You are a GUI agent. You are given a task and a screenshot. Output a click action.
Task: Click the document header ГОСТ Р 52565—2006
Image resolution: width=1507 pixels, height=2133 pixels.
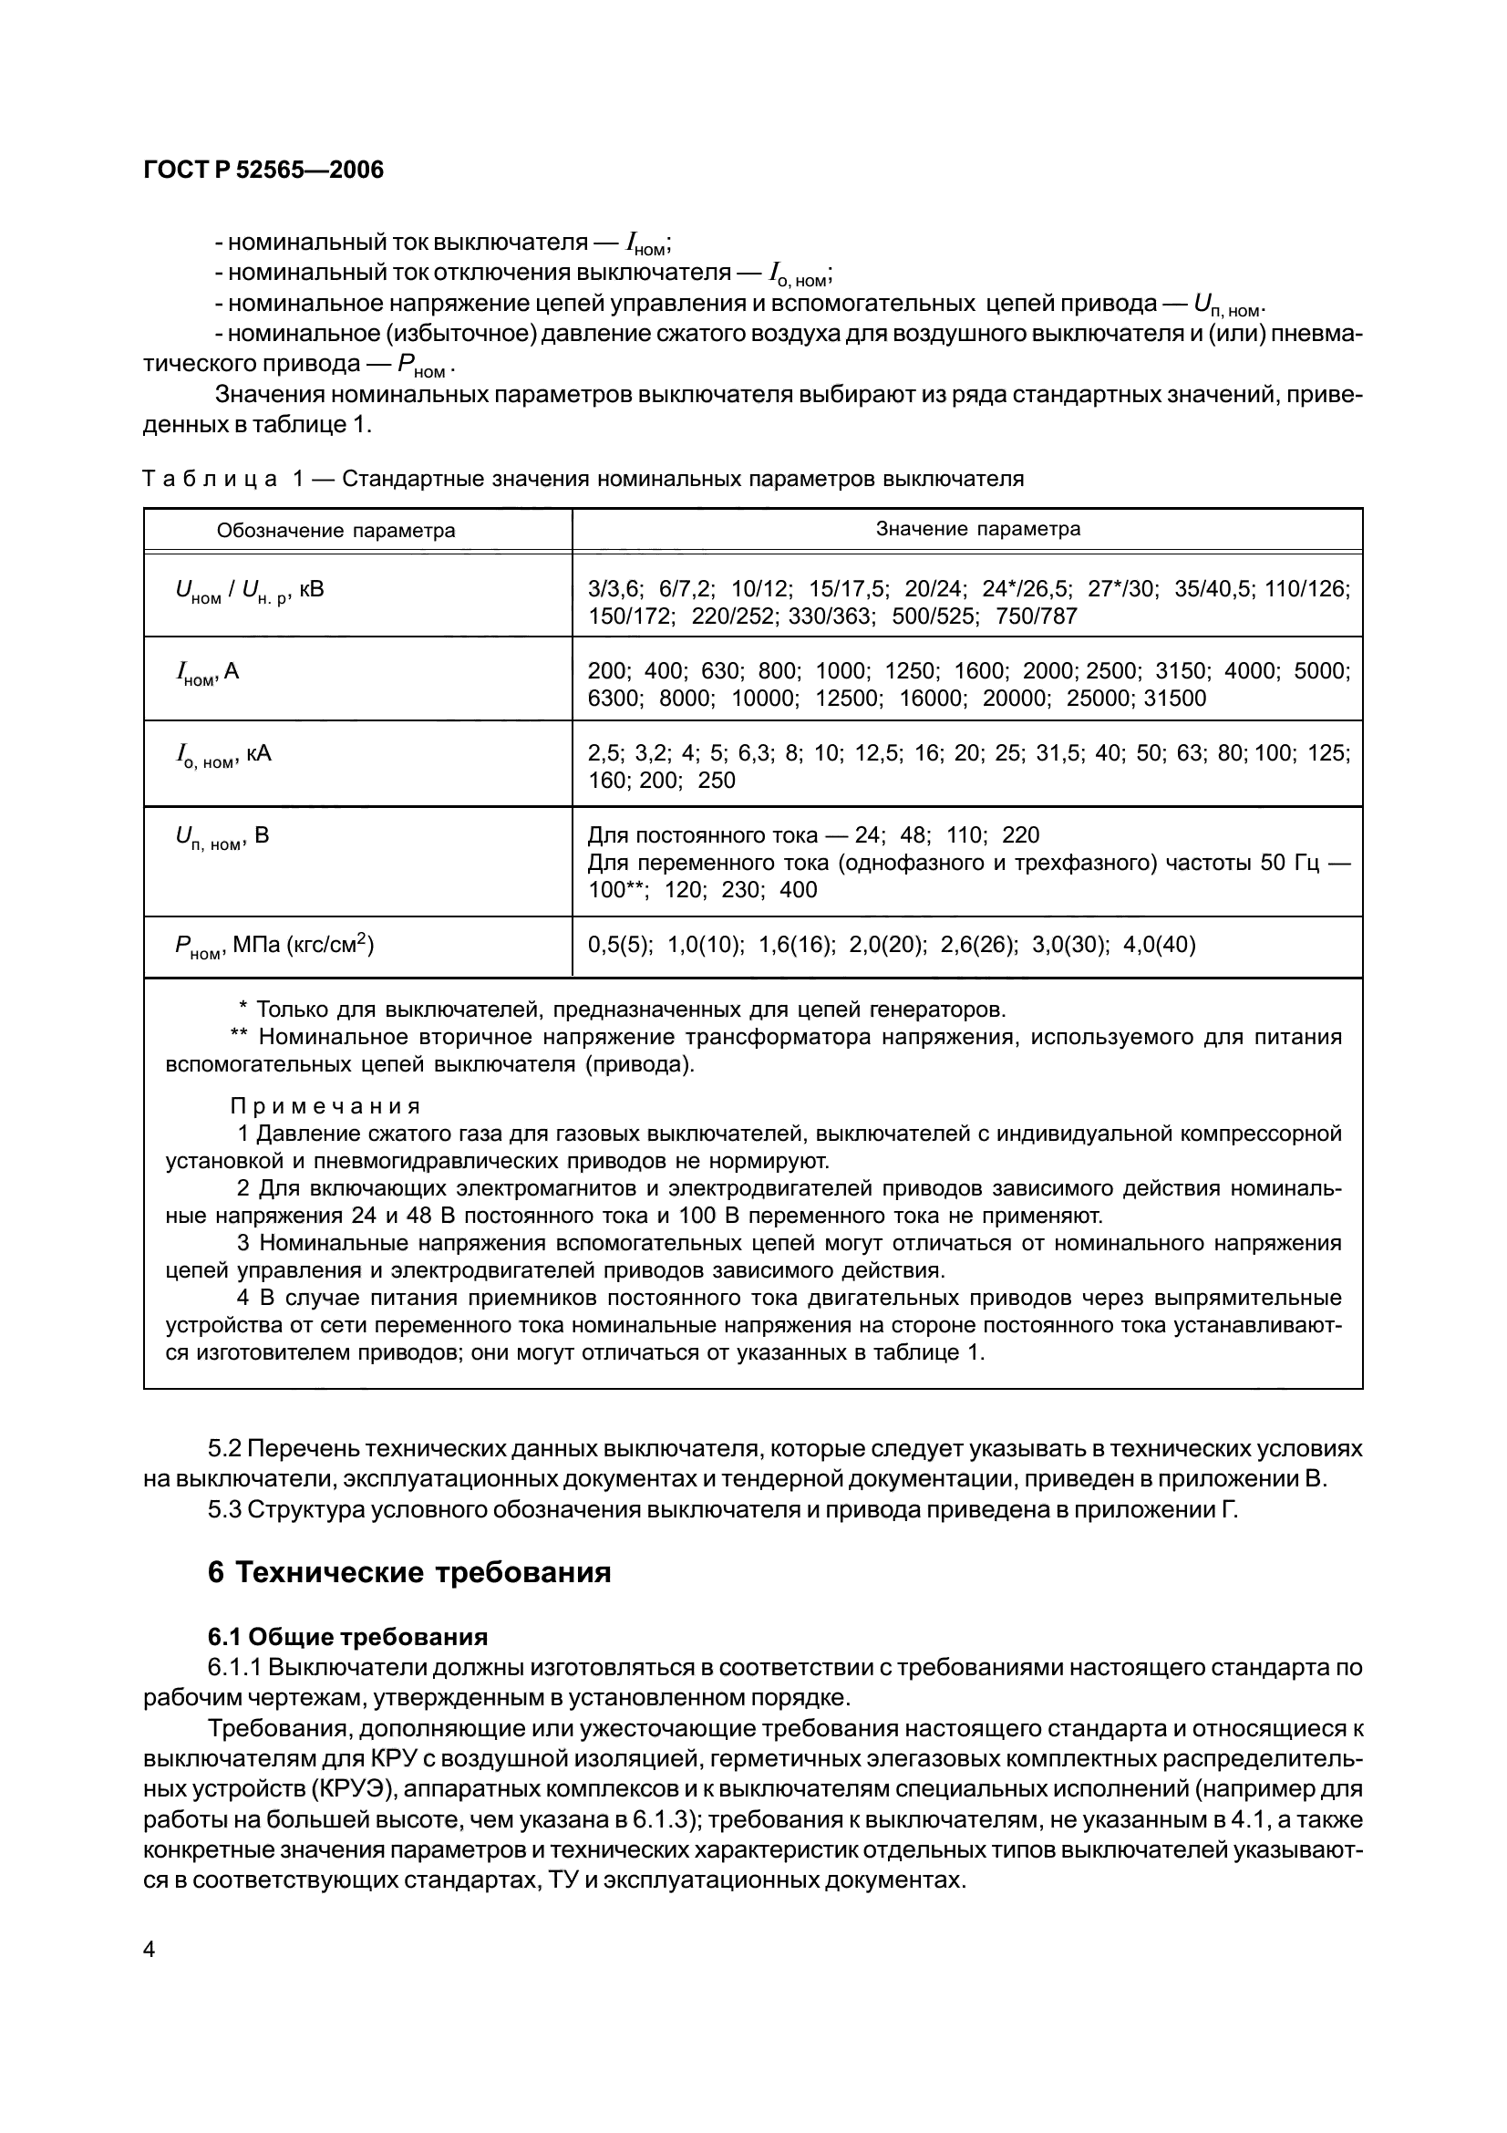(263, 170)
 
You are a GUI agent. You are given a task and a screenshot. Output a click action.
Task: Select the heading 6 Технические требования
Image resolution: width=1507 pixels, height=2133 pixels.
(409, 1573)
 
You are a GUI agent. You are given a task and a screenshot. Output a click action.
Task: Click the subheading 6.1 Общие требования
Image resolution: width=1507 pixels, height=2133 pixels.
(348, 1636)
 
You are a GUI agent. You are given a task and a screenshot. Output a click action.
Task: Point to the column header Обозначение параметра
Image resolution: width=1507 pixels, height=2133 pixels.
(336, 531)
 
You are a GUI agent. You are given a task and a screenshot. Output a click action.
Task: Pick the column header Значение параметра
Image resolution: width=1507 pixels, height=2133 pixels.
(977, 529)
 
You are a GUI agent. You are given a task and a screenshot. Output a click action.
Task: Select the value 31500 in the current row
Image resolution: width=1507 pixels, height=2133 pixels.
(1174, 698)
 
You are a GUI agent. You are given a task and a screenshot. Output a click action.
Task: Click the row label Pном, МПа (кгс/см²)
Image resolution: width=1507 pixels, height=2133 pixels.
(274, 947)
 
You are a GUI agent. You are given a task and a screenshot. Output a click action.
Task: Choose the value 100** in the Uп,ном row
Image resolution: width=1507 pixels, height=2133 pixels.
(618, 890)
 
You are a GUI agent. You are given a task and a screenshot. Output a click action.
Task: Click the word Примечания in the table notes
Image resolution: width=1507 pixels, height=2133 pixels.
(325, 1106)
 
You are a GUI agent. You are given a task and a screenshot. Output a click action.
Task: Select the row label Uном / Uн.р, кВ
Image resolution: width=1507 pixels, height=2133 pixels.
(250, 591)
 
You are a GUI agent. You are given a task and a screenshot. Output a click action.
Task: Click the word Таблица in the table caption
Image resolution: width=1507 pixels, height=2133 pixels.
(211, 480)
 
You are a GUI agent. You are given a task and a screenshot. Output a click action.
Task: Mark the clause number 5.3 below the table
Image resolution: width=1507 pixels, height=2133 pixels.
(224, 1509)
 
